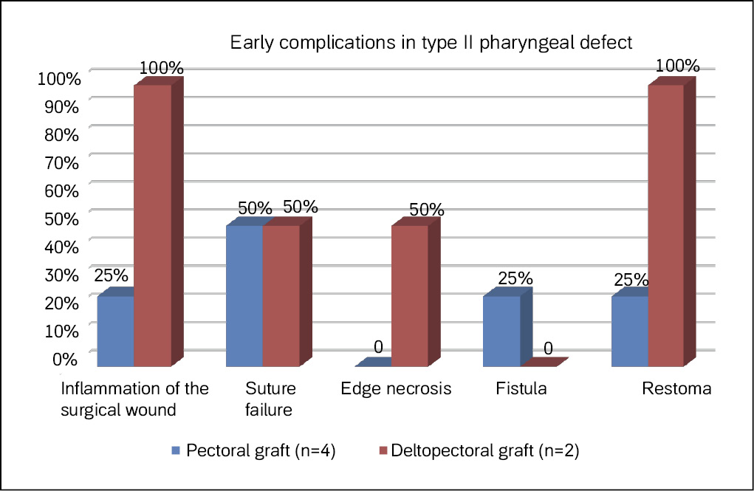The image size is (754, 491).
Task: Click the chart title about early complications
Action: pos(431,42)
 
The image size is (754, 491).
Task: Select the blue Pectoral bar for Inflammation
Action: pos(116,330)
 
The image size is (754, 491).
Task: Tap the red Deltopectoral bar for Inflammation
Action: pos(153,224)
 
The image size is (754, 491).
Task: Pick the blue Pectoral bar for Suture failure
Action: pos(244,295)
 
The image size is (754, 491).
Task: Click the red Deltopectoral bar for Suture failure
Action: pos(281,295)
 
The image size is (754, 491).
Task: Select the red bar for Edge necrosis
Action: pos(410,295)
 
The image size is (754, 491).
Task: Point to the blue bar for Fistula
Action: pos(501,330)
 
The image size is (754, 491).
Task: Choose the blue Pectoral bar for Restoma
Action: pos(630,330)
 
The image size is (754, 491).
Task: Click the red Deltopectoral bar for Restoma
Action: pos(667,224)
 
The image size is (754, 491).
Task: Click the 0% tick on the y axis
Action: pos(64,359)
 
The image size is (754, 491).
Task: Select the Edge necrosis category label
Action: pos(396,389)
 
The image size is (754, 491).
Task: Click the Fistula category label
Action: pos(522,389)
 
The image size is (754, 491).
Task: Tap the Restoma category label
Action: pos(676,389)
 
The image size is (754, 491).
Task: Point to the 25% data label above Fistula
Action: pos(515,278)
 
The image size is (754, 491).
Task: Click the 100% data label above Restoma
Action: pos(676,66)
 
